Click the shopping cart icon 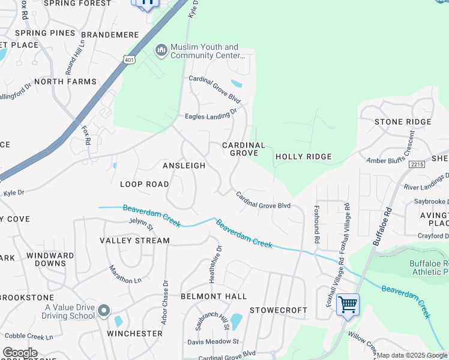pos(348,304)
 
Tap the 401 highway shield pos(130,59)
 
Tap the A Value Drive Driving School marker pos(104,311)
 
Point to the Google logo pos(20,353)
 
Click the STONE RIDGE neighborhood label pos(402,122)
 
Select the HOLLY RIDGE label pos(303,157)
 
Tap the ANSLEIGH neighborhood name pos(184,165)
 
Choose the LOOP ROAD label pos(144,184)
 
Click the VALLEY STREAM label pos(134,241)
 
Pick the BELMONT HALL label pos(214,296)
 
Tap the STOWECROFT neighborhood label pos(278,310)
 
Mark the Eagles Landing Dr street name pos(211,114)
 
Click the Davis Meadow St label pos(213,341)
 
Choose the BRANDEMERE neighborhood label pos(110,35)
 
